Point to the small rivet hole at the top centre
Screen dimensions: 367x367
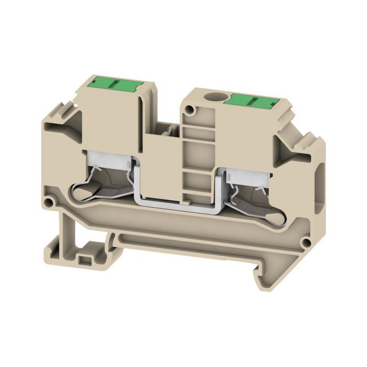[x=190, y=110]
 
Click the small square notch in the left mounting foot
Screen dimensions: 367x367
[x=86, y=259]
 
